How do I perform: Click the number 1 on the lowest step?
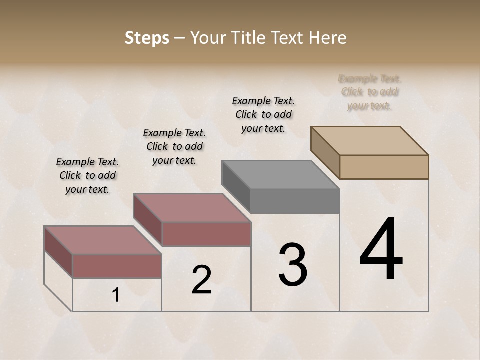click(116, 295)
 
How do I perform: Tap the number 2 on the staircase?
click(201, 280)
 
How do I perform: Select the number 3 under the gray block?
click(293, 265)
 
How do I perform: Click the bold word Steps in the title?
click(147, 38)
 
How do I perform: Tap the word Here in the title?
click(328, 38)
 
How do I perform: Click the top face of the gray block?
click(280, 175)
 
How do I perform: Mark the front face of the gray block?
click(295, 201)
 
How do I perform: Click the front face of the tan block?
click(384, 167)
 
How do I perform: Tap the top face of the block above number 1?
click(102, 240)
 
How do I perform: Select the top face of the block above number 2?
click(191, 207)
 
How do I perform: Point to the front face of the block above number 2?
click(206, 234)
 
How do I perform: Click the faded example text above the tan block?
click(370, 92)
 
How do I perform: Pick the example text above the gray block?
click(263, 114)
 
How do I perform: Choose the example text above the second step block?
click(174, 146)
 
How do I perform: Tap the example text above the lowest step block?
click(87, 175)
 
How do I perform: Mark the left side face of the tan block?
click(325, 152)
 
